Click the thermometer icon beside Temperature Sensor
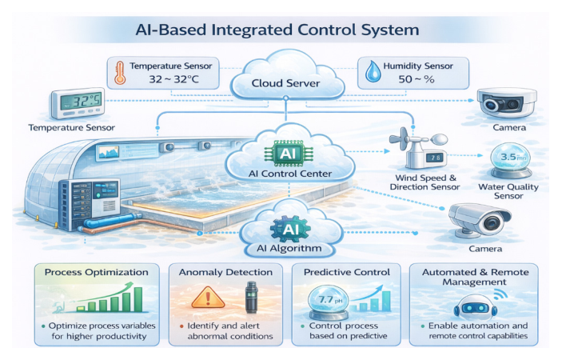(x=120, y=73)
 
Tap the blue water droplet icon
(x=373, y=72)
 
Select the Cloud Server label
(x=285, y=83)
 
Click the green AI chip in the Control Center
(x=289, y=154)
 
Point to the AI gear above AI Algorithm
(x=290, y=229)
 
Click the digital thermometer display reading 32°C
(x=78, y=103)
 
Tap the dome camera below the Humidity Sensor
(x=507, y=102)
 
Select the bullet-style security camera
(x=480, y=221)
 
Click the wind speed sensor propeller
(x=401, y=140)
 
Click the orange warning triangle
(x=208, y=298)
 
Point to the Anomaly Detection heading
(x=225, y=272)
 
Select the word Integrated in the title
(x=253, y=30)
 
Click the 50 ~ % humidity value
(x=417, y=79)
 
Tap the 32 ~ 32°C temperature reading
(x=173, y=79)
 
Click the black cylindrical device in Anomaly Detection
(x=252, y=298)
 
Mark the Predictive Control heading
(x=347, y=272)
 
